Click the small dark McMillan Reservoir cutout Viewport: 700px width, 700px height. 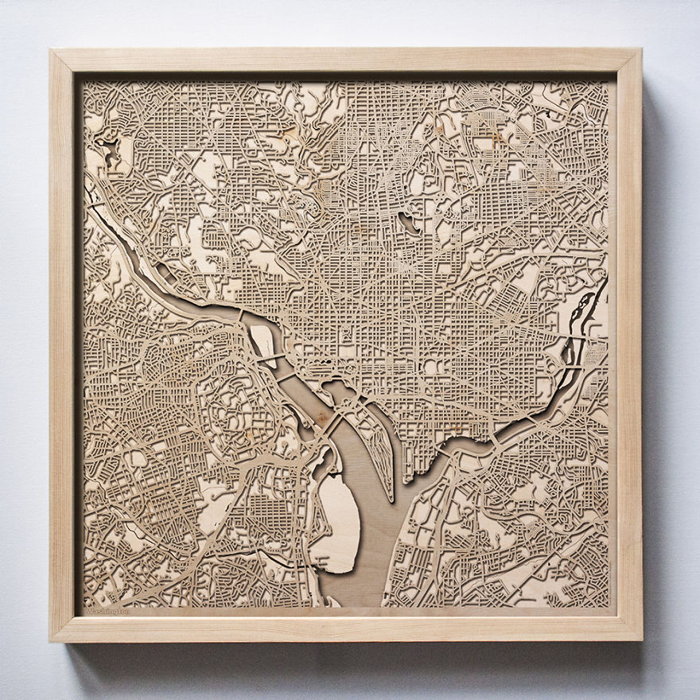[409, 224]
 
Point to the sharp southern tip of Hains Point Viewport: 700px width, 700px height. [391, 500]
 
